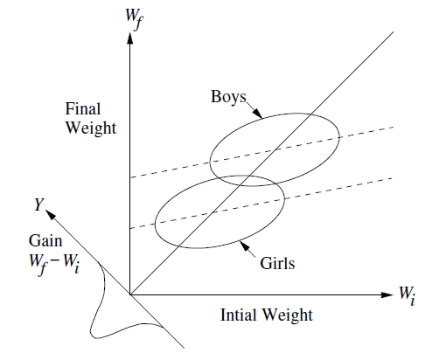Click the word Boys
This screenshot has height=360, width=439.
pos(228,97)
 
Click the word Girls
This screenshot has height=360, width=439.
pos(277,263)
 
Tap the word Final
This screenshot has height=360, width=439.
pos(83,109)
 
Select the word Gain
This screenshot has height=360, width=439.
pos(45,241)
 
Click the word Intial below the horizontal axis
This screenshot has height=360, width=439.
pos(238,315)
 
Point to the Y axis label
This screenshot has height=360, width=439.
pos(38,204)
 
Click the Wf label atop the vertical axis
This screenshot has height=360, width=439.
pos(135,18)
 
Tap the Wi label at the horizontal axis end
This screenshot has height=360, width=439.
pos(408,294)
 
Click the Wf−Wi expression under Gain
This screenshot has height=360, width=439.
pos(54,263)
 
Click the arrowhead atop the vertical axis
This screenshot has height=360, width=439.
pos(130,38)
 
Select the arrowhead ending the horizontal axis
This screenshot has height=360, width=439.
pos(387,294)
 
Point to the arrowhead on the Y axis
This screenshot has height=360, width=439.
pos(50,214)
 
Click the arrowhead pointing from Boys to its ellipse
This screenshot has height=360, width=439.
pos(257,114)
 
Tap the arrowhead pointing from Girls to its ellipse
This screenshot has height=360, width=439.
pos(245,246)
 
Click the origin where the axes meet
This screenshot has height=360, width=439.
pos(130,294)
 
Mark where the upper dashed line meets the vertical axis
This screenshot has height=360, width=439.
pos(130,177)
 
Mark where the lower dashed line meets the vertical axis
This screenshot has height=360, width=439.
pos(130,229)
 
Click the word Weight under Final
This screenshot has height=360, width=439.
pos(91,128)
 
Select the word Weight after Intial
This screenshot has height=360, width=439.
pos(287,315)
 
